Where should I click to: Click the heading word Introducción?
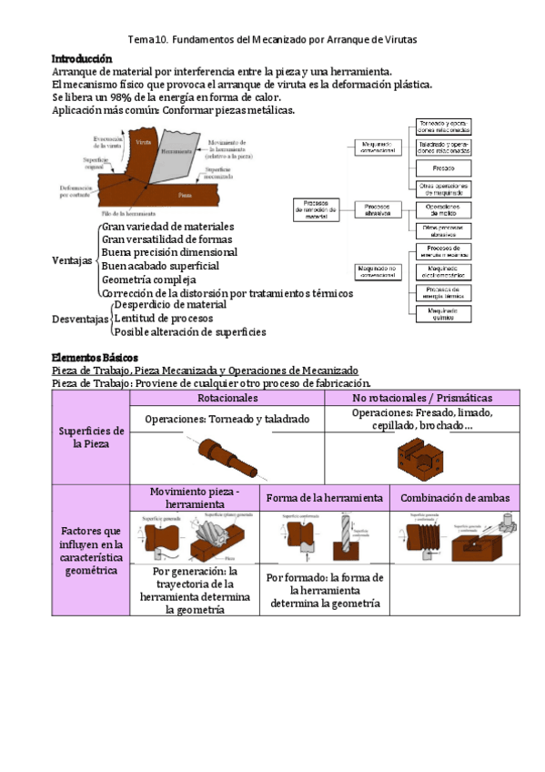[82, 58]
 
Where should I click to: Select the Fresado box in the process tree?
[443, 168]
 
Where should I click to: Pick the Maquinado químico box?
[443, 313]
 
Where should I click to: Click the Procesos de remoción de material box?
[315, 208]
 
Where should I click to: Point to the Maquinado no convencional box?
[377, 271]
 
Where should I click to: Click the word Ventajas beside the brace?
[72, 260]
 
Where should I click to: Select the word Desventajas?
[80, 320]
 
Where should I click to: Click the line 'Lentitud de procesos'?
[163, 319]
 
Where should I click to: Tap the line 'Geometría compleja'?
[149, 279]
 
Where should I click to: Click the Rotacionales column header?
[227, 399]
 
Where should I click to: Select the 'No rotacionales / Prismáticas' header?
[434, 399]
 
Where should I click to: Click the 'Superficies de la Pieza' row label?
[91, 437]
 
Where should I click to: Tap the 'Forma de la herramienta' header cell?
[324, 498]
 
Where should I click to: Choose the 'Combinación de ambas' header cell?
[454, 498]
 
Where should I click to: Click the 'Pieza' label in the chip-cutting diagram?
[186, 195]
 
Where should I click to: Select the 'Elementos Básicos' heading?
[95, 358]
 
